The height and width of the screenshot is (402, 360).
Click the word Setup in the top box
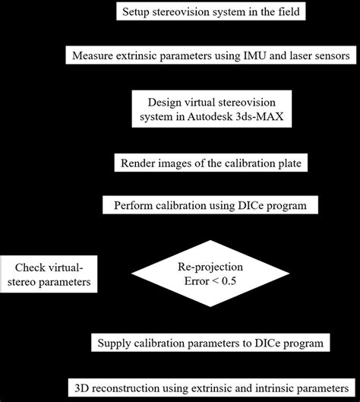pos(138,13)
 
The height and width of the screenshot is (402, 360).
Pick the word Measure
pos(92,56)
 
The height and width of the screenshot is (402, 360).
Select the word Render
pos(137,163)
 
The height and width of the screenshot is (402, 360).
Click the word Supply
pos(116,343)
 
